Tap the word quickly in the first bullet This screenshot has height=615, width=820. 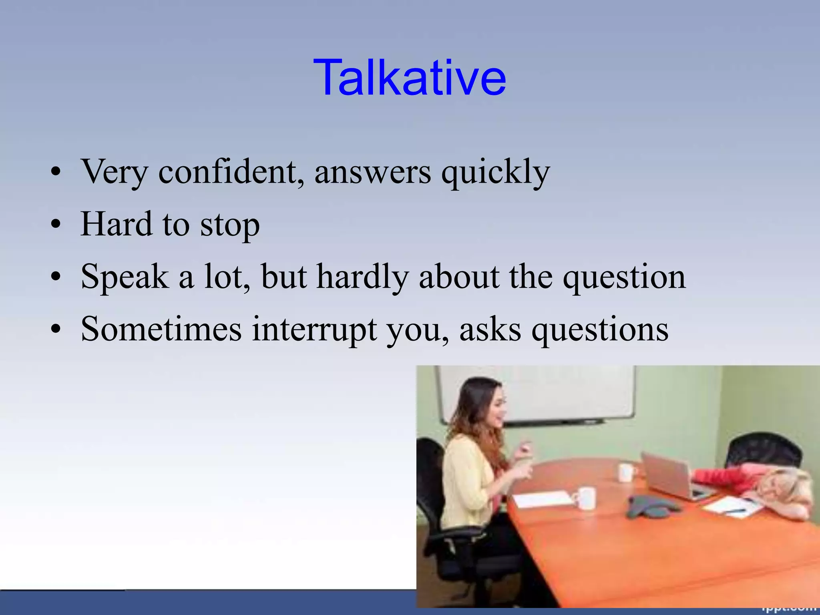click(x=496, y=172)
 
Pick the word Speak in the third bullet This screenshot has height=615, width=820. click(x=125, y=277)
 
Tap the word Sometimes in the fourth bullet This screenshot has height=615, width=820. click(x=161, y=329)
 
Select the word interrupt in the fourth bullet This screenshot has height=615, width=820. click(x=314, y=330)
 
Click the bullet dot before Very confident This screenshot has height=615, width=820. click(x=56, y=172)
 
